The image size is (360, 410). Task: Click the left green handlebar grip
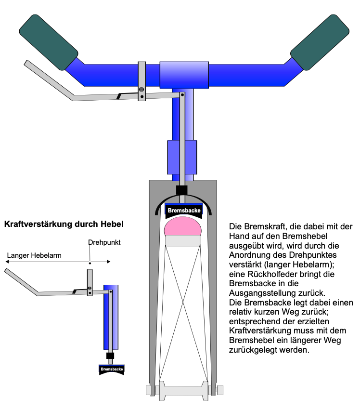click(49, 42)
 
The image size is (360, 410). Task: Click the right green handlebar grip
click(320, 42)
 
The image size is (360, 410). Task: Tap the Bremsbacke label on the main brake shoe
click(184, 211)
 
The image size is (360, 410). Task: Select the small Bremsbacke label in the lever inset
click(112, 369)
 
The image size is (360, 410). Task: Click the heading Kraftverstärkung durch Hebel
click(64, 224)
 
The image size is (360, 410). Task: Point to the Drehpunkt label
click(104, 242)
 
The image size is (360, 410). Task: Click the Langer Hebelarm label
click(34, 255)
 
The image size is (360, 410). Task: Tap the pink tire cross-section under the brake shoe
click(183, 226)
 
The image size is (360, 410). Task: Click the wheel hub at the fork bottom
click(184, 390)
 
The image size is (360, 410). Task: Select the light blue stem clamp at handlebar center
click(184, 75)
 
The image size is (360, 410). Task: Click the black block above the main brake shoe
click(182, 190)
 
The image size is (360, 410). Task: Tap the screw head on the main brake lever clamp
click(141, 90)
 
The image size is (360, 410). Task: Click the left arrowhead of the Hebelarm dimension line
click(7, 262)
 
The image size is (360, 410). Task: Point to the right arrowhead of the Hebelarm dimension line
click(109, 262)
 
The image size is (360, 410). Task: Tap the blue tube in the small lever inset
click(111, 317)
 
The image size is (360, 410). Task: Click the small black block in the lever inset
click(110, 356)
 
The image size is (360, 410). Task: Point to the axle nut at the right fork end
click(220, 390)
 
